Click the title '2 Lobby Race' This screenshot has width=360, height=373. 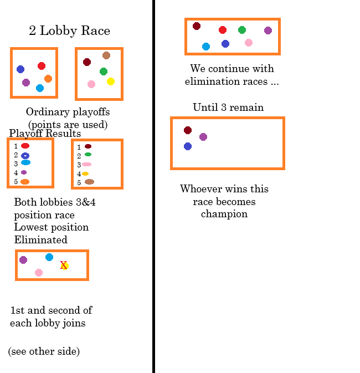(69, 30)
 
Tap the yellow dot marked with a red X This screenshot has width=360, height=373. (64, 265)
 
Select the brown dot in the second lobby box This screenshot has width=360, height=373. (106, 55)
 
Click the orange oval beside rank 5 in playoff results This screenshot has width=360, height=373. (25, 182)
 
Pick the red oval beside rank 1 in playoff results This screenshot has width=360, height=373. (25, 146)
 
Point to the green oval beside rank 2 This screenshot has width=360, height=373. (88, 155)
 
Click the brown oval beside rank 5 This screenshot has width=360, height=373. (89, 182)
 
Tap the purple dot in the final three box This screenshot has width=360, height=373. (203, 137)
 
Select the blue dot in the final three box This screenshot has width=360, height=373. (188, 146)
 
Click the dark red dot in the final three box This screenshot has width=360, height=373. (188, 130)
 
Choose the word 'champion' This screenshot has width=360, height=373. (224, 214)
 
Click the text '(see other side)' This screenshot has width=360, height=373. (44, 351)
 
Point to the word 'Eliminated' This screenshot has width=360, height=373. (40, 240)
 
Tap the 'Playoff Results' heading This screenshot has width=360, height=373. (45, 134)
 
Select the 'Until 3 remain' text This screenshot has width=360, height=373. (228, 107)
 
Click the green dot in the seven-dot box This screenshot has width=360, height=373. (242, 30)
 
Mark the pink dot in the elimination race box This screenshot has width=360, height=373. (39, 273)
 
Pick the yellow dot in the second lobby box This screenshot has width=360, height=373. (111, 81)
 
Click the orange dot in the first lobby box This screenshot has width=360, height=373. (48, 79)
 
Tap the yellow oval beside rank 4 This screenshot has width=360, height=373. (85, 173)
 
